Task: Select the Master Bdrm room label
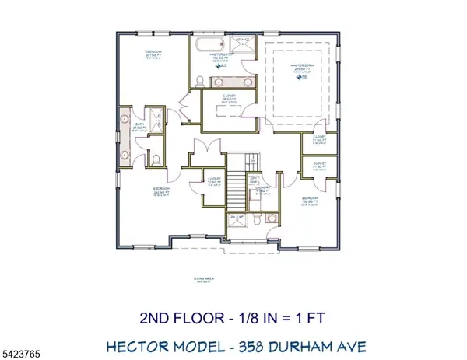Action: [x=300, y=68]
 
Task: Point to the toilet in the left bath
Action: [x=156, y=160]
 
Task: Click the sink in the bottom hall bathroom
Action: [x=271, y=219]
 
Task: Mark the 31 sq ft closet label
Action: [x=319, y=166]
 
